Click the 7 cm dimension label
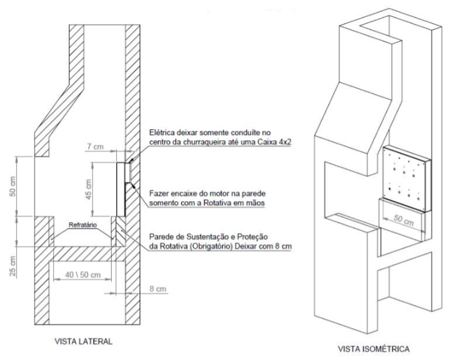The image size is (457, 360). tap(95, 146)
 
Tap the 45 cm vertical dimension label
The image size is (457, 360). tap(89, 189)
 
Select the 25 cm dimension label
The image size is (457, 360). tap(13, 266)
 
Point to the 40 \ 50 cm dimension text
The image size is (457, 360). tap(83, 275)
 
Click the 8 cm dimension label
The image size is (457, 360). tap(158, 289)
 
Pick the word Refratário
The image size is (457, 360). tap(82, 225)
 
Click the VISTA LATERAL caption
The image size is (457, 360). tap(84, 341)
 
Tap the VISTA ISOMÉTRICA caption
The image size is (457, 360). tap(373, 349)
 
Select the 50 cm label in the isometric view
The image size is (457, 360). tap(404, 220)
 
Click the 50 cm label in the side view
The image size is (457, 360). tap(13, 186)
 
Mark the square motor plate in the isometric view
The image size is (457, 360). tap(407, 179)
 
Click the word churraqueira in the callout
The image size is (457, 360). tap(211, 143)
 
